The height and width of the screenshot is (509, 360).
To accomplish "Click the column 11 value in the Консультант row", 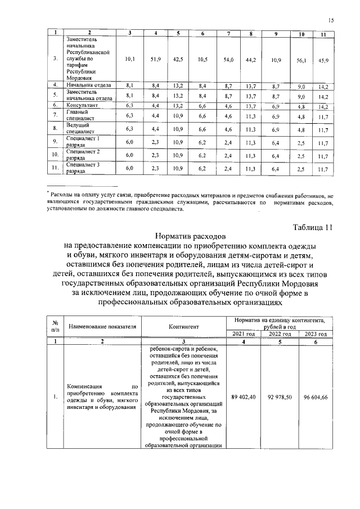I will pos(322,106).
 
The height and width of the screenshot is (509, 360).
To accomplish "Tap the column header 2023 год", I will pos(315,334).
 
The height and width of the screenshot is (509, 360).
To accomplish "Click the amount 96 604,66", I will pos(315,397).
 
